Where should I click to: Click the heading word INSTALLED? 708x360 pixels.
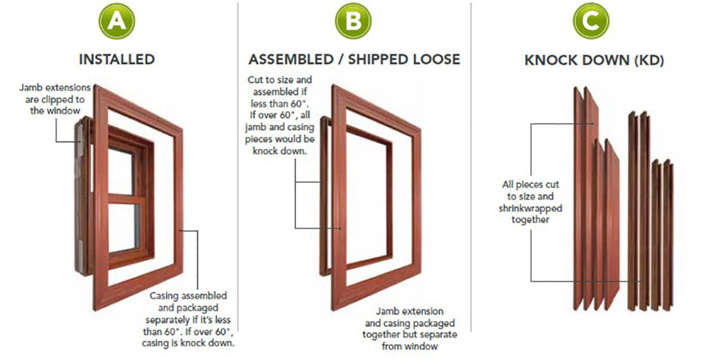coord(117,59)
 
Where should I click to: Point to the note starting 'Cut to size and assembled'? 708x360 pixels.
coord(279,115)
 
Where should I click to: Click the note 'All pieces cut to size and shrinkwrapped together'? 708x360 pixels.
coord(532,202)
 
